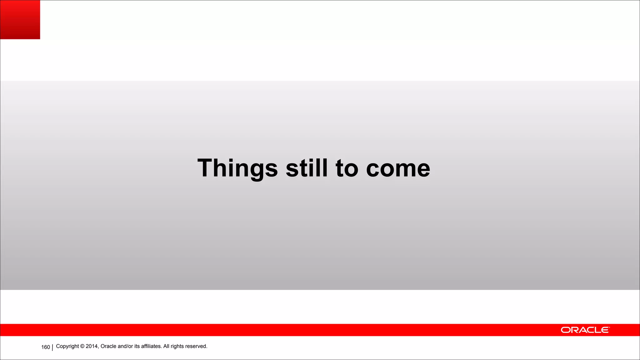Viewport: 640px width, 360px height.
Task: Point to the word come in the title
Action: point(398,169)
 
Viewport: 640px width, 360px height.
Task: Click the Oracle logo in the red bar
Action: point(585,330)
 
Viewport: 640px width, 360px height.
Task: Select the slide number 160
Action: point(46,347)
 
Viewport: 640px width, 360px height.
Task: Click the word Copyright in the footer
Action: point(67,346)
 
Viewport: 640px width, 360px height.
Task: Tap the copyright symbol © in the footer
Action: point(82,346)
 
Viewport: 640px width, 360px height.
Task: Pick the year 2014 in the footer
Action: point(92,346)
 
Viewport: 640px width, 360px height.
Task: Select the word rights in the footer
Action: point(177,347)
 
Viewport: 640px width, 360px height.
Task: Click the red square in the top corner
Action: point(20,19)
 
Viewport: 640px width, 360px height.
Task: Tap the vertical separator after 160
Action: point(52,347)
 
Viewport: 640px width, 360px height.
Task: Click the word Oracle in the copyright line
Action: point(108,346)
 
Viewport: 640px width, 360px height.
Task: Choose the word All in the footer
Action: point(166,346)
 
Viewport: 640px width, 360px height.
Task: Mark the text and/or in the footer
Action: point(125,346)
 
